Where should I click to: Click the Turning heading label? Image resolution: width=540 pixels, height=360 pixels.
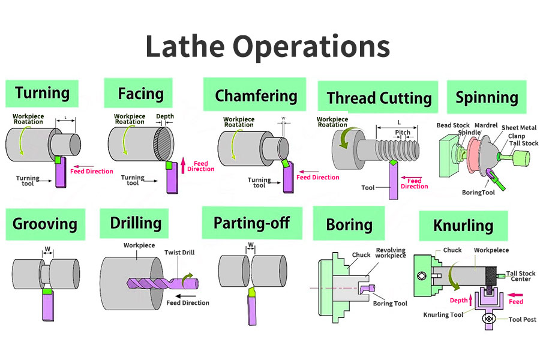(x=42, y=93)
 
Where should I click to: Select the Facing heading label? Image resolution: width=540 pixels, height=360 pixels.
(x=141, y=94)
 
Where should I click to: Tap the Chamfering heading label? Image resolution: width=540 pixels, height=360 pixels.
(x=256, y=95)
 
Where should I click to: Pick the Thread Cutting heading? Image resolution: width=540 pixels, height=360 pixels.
(x=379, y=98)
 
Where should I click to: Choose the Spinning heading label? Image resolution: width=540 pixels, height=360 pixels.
(x=487, y=97)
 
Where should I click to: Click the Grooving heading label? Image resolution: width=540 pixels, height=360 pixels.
(x=45, y=224)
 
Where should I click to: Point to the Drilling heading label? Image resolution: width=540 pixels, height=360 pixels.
(x=136, y=223)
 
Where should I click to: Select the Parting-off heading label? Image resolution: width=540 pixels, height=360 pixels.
(x=251, y=223)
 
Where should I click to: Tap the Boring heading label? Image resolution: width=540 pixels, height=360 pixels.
(x=349, y=224)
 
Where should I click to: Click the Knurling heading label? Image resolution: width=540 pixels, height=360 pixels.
(x=463, y=226)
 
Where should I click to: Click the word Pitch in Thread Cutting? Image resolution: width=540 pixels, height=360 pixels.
(x=403, y=132)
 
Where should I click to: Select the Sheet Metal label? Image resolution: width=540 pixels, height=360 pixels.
(x=519, y=128)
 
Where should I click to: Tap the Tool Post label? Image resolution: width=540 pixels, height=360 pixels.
(x=521, y=319)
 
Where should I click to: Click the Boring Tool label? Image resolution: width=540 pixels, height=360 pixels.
(x=390, y=303)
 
